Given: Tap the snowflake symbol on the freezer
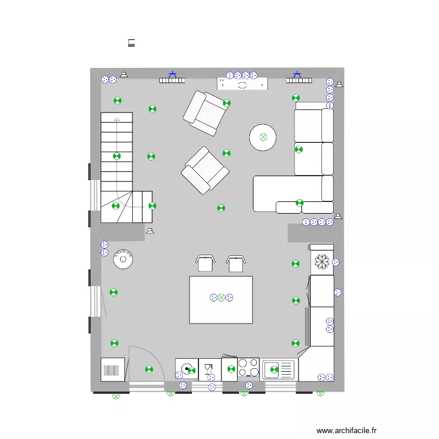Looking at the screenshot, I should click(321, 262).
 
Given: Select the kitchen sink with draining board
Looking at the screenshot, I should click(279, 369).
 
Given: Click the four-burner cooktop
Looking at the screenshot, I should click(248, 368).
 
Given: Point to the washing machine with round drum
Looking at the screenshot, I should click(187, 369).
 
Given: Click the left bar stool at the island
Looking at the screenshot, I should click(205, 263).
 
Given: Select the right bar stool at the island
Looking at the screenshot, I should click(235, 263).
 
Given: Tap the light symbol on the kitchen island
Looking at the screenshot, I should click(221, 298).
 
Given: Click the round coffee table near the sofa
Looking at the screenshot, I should click(263, 138).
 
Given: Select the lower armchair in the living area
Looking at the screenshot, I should click(204, 170).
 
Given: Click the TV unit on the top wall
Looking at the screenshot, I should click(242, 84).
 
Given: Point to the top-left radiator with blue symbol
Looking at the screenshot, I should click(172, 78).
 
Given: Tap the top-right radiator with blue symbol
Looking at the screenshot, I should click(297, 78).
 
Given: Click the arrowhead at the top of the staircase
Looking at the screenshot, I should click(116, 119).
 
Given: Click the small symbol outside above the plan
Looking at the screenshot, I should click(132, 42).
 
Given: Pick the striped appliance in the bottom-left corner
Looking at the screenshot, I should click(112, 370).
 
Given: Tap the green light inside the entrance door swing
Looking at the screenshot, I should click(149, 369).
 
